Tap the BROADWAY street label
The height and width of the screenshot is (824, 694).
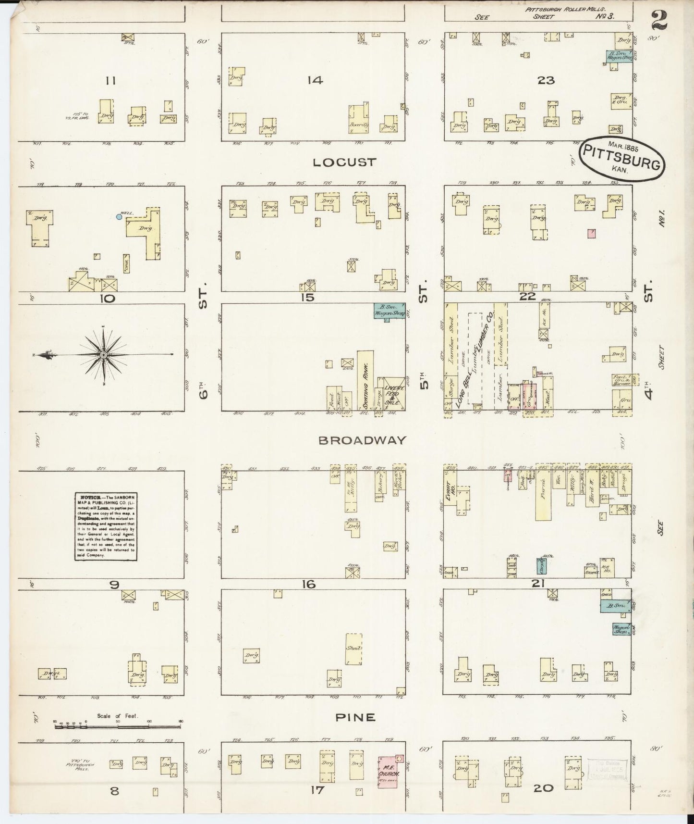click(x=362, y=440)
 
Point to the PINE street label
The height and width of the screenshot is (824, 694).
click(x=355, y=717)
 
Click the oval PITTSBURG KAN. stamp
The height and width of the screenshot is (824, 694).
click(x=622, y=160)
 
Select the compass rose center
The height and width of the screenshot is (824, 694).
click(x=103, y=355)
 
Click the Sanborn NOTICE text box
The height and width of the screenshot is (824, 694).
click(x=106, y=526)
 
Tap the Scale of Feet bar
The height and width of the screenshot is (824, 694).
click(x=118, y=726)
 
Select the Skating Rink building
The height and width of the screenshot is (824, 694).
click(x=365, y=381)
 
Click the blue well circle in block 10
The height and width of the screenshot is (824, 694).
click(x=119, y=217)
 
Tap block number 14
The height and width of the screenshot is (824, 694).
click(x=315, y=80)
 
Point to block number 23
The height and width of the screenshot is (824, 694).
click(x=546, y=80)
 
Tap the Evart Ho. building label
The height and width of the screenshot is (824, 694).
click(x=449, y=491)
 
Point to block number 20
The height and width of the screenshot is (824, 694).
click(x=543, y=787)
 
